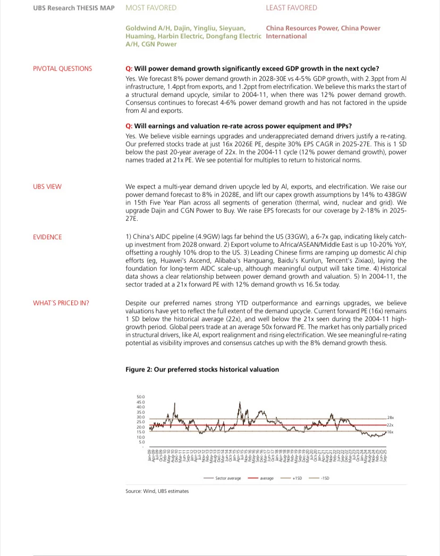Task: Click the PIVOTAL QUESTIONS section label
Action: click(62, 69)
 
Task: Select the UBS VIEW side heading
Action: click(47, 187)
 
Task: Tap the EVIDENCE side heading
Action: click(47, 237)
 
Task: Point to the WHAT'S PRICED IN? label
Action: click(61, 303)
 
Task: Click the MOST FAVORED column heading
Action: click(151, 8)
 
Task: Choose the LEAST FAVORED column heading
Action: click(291, 8)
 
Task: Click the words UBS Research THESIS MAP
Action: click(74, 8)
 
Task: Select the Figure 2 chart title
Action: click(202, 369)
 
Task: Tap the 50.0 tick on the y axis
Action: click(141, 397)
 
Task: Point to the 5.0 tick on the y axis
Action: click(142, 442)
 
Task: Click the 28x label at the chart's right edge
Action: click(390, 418)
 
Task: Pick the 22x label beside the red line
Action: click(390, 425)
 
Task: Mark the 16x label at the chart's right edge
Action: click(390, 433)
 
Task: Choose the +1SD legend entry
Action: click(297, 478)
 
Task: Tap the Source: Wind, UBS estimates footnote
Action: click(157, 491)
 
